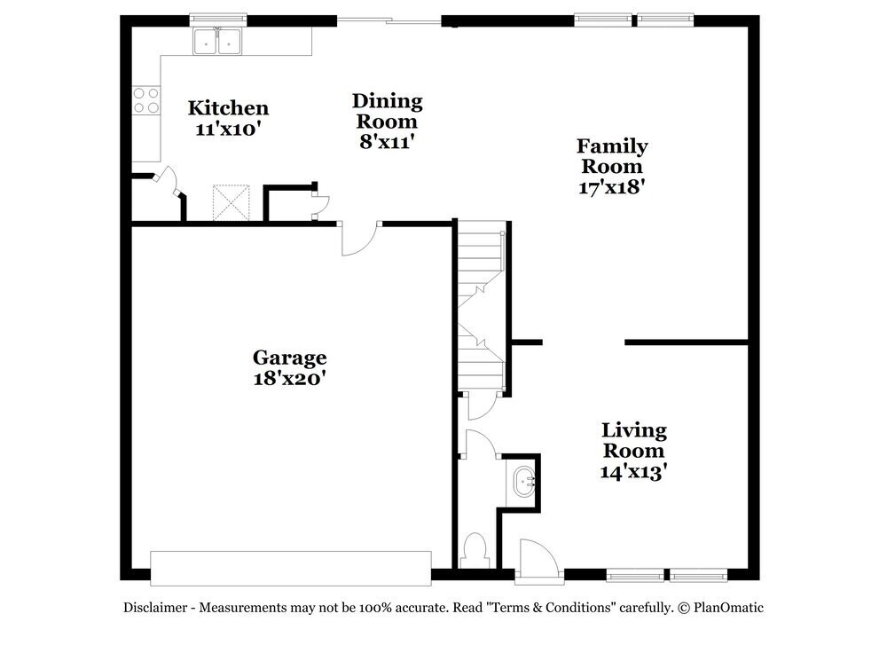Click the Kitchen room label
228,108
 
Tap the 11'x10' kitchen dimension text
228,129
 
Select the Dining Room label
387,112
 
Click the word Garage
289,358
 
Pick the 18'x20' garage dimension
289,378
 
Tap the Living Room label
633,440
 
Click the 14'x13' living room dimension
633,471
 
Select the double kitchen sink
218,41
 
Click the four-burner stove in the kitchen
146,100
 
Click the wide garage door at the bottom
290,568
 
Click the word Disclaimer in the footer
154,608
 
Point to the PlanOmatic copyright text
721,608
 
